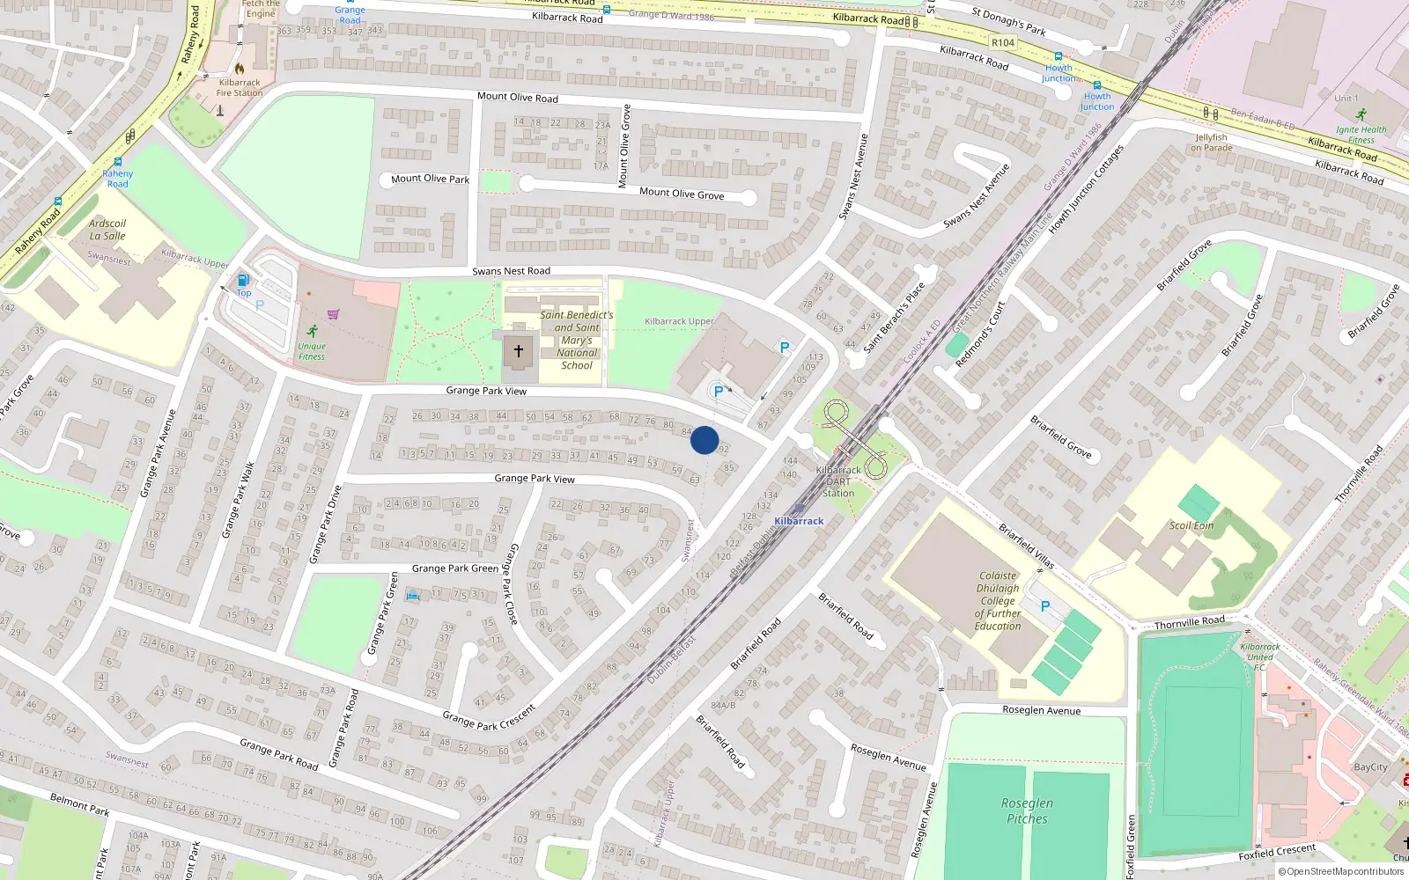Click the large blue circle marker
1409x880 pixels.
click(704, 440)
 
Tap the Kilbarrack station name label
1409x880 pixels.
click(799, 521)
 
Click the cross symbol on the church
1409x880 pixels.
click(519, 351)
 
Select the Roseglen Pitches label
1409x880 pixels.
click(1027, 810)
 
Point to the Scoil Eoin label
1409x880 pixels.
click(1191, 525)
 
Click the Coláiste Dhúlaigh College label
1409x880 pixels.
click(998, 601)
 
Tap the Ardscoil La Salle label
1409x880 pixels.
click(107, 230)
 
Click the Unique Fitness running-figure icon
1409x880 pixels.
click(313, 331)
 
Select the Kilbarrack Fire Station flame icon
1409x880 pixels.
click(239, 68)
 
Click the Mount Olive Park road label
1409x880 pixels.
click(430, 179)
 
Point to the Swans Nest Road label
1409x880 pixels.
click(511, 271)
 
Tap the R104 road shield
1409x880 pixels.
click(1003, 42)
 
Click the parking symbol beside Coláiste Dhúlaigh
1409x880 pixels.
click(1045, 606)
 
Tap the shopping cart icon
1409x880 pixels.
click(333, 314)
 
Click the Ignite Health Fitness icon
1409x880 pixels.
click(1361, 114)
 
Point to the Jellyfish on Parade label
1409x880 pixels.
click(1212, 143)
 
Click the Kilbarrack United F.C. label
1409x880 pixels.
click(1260, 656)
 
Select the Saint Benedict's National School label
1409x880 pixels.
click(577, 340)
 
